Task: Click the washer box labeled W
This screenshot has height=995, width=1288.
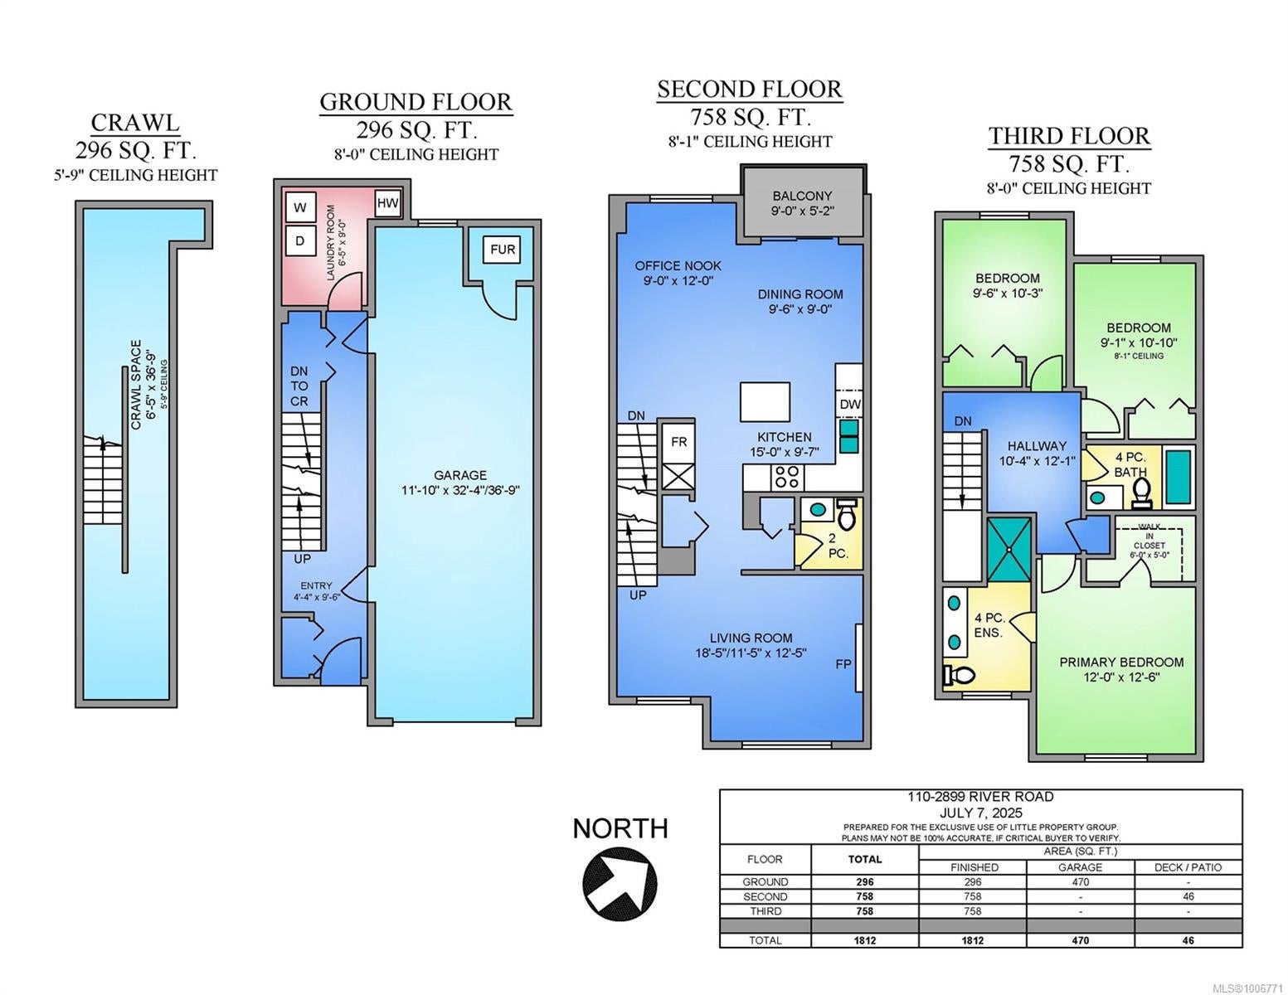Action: (300, 207)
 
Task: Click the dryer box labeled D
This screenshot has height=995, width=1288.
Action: (300, 240)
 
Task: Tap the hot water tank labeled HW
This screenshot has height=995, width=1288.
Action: (387, 203)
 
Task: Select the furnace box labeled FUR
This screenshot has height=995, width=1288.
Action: (502, 250)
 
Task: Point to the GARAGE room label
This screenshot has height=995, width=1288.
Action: (460, 474)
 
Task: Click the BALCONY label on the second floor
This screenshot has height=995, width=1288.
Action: (802, 196)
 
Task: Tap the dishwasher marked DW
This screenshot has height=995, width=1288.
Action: (850, 404)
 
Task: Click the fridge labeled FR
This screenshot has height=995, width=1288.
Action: (678, 442)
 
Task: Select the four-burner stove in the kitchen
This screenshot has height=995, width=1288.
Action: (786, 477)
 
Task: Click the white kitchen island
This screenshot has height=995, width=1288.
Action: (765, 401)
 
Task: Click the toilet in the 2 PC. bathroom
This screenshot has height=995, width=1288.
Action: (847, 514)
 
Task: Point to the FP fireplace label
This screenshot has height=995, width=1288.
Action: (843, 664)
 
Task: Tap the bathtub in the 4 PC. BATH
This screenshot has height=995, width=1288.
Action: (1179, 477)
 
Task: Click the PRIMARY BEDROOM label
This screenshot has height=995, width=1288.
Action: (1121, 663)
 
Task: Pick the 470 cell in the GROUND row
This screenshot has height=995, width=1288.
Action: (1080, 881)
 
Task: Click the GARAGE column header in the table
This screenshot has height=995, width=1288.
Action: (1080, 867)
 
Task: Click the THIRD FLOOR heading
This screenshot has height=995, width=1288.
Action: (1069, 136)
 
